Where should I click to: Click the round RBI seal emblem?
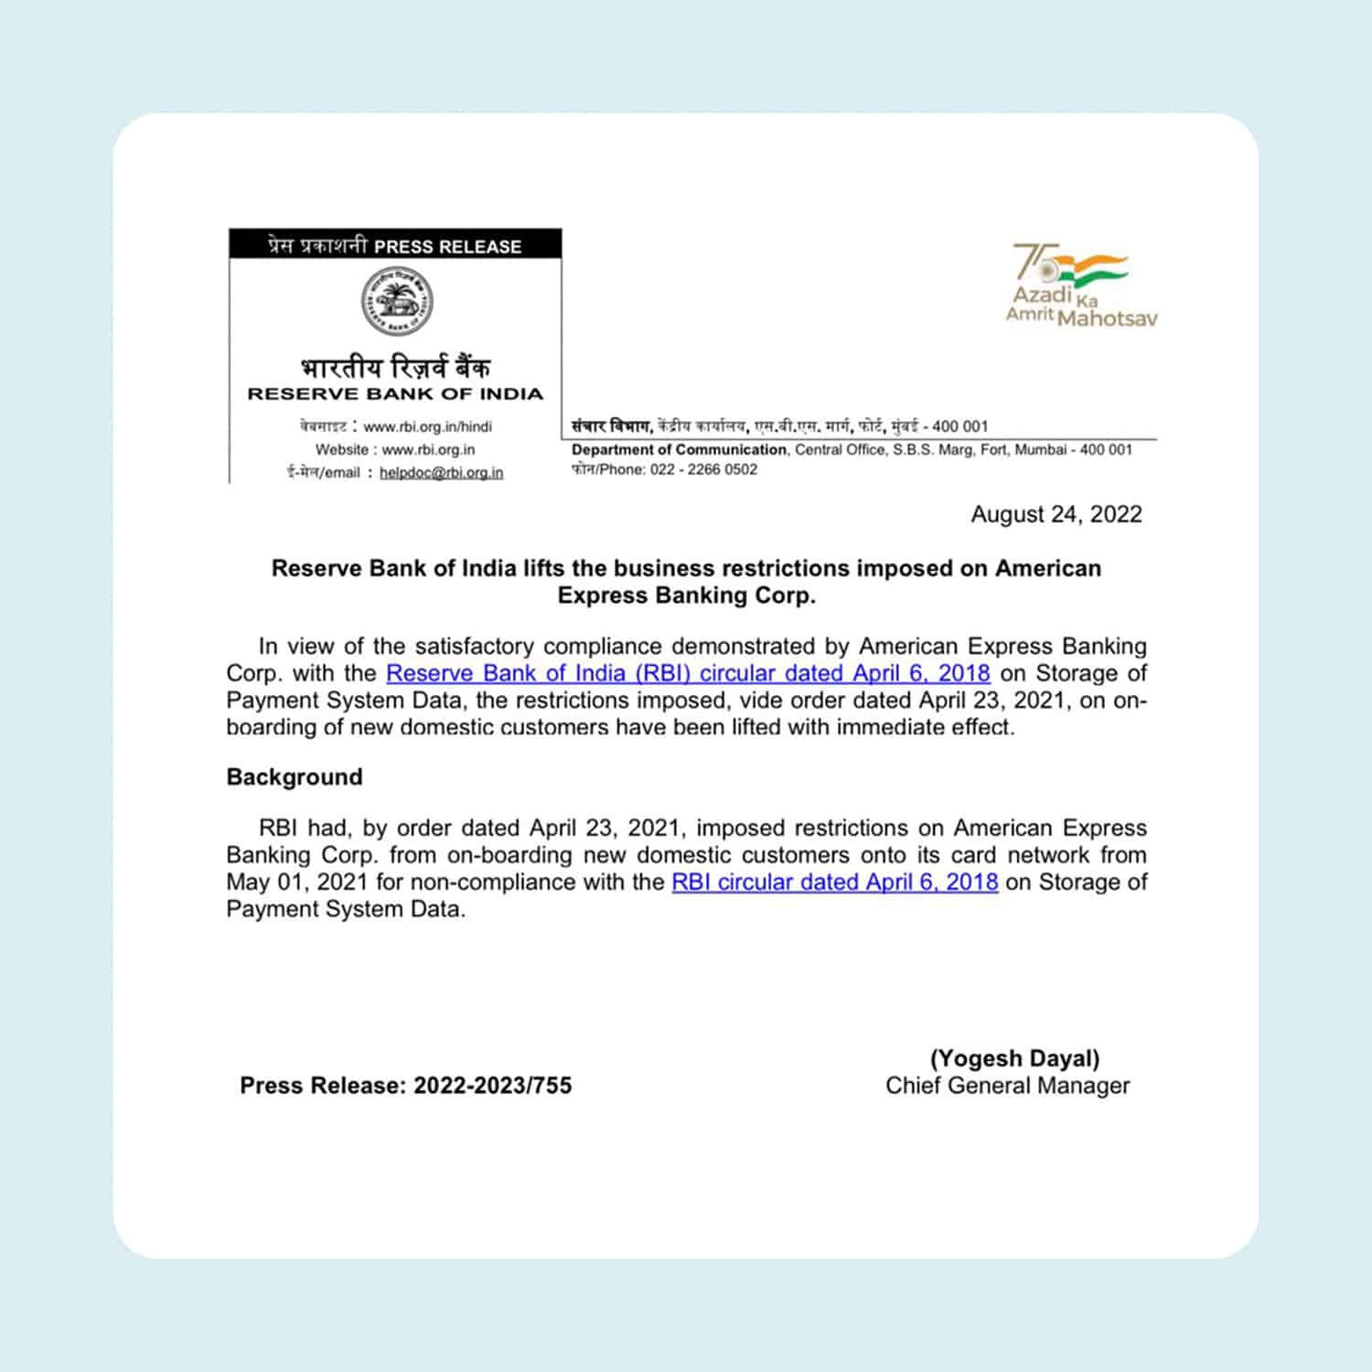pyautogui.click(x=395, y=301)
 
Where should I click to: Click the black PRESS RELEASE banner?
pyautogui.click(x=395, y=245)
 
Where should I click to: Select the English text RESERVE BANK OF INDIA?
pyautogui.click(x=395, y=394)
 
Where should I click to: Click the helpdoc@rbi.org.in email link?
pyautogui.click(x=441, y=473)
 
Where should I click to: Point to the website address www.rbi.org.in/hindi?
pyautogui.click(x=427, y=426)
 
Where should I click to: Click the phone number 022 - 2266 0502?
pyautogui.click(x=703, y=470)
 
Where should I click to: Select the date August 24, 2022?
pyautogui.click(x=1056, y=514)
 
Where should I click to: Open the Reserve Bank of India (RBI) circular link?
pyautogui.click(x=688, y=673)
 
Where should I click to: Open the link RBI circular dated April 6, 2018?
pyautogui.click(x=834, y=882)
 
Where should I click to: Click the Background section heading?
pyautogui.click(x=295, y=777)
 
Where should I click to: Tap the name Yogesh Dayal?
pyautogui.click(x=1014, y=1058)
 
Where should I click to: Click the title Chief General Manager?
pyautogui.click(x=1007, y=1086)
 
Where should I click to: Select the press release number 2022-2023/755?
pyautogui.click(x=492, y=1086)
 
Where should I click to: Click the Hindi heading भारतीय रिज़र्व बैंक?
pyautogui.click(x=395, y=367)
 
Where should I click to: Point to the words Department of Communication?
pyautogui.click(x=679, y=450)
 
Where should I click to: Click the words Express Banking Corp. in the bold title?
pyautogui.click(x=686, y=595)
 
